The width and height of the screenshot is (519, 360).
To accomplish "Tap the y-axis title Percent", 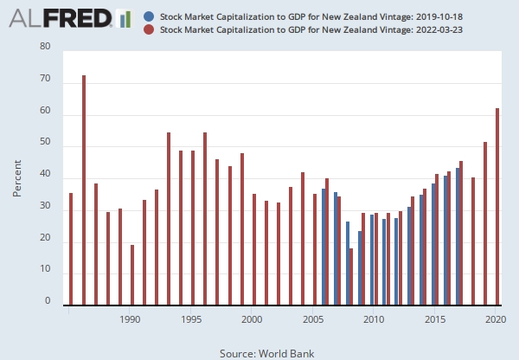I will point(17,177).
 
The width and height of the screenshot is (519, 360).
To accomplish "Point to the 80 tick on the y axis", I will point(45,48).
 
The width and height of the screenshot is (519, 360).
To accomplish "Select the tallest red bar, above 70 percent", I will point(84,190).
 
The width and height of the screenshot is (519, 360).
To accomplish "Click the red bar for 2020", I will point(497,207).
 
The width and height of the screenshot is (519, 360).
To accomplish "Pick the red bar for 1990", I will point(132,275).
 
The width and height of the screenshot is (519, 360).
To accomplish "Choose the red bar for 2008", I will point(351,277).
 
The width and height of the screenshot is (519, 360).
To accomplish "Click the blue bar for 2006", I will point(324,247).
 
